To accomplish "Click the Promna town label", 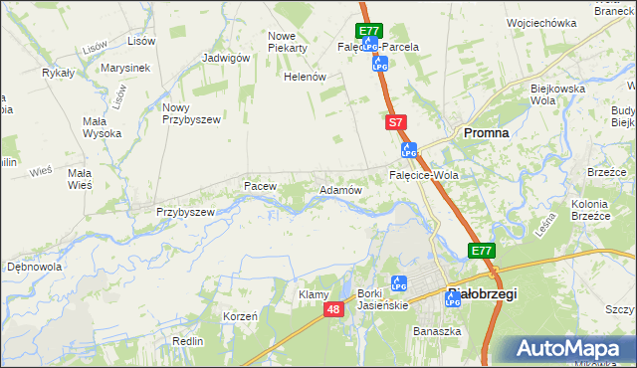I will (487, 132).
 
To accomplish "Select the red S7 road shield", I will (395, 121).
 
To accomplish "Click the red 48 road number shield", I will (333, 310).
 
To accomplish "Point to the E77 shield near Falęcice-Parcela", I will (370, 32).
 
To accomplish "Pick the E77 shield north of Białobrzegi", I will (483, 251).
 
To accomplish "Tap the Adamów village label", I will (338, 189).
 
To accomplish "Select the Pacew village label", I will (259, 186).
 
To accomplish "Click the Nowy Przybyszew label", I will (189, 113).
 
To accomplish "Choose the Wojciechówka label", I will (541, 22).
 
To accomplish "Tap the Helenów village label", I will (306, 77).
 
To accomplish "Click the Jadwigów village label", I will (225, 58).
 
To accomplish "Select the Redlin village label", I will (187, 340).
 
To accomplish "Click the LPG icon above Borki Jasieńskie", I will (398, 282).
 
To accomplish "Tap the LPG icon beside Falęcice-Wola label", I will (408, 150).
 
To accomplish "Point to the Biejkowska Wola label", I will (555, 95).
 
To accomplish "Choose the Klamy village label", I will (314, 295).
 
